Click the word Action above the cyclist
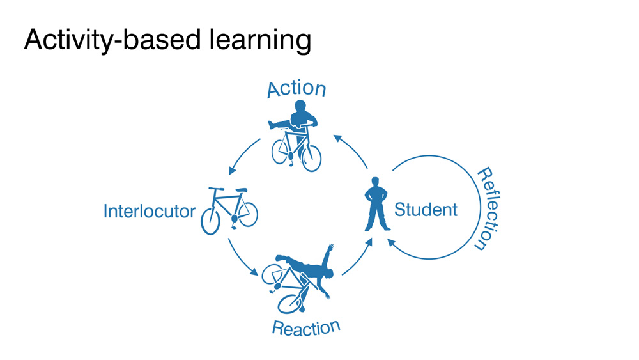coord(296,89)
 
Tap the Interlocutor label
coord(149,210)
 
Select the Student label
coord(426,209)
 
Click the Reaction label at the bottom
coord(305,328)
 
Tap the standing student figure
coord(376,205)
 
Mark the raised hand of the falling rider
coord(330,247)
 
